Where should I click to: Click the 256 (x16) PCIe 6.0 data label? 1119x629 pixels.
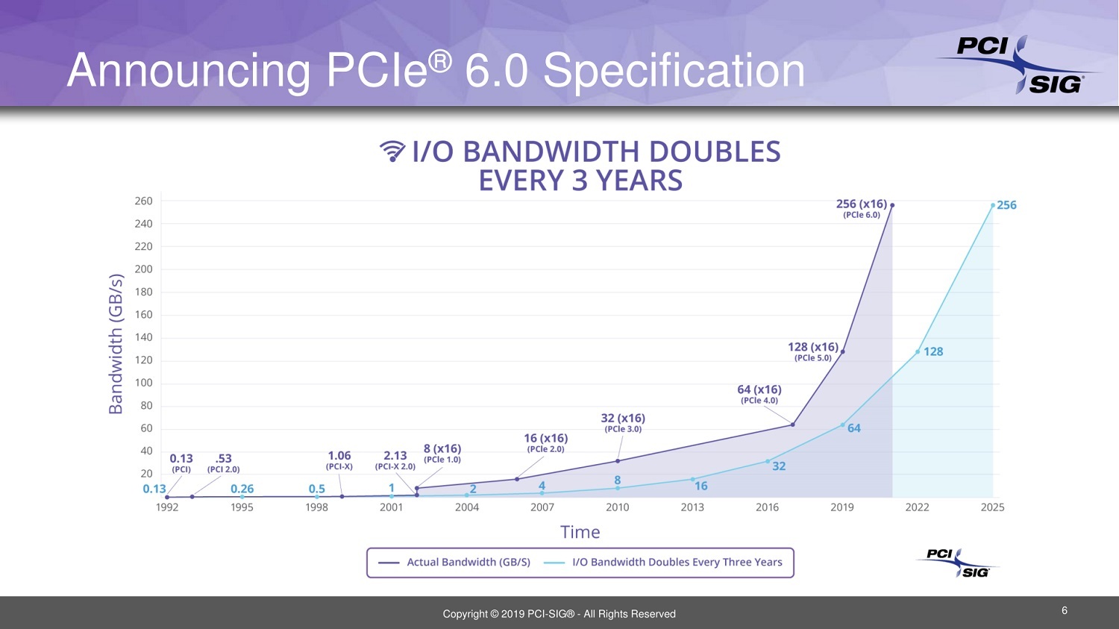[862, 208]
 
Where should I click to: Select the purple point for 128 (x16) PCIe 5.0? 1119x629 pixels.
[843, 351]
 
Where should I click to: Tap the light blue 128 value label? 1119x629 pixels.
[932, 351]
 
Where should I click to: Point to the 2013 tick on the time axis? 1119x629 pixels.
[692, 507]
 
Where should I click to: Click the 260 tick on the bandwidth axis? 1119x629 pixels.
[143, 201]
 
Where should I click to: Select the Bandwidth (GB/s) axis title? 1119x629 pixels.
[116, 344]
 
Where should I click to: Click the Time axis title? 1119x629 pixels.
[580, 532]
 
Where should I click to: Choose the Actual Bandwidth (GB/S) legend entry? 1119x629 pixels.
[455, 563]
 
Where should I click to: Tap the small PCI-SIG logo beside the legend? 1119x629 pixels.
[958, 563]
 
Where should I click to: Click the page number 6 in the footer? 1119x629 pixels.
[1065, 610]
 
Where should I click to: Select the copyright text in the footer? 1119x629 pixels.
[559, 614]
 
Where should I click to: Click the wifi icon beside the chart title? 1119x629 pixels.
[392, 151]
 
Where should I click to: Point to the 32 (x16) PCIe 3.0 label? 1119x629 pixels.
[623, 422]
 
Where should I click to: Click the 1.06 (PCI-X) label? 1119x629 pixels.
[339, 460]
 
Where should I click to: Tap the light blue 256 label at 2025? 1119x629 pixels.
[1006, 205]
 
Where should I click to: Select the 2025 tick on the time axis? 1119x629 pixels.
[992, 507]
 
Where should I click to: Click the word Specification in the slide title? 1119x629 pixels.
[674, 72]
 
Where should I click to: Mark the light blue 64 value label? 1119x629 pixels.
[853, 428]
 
